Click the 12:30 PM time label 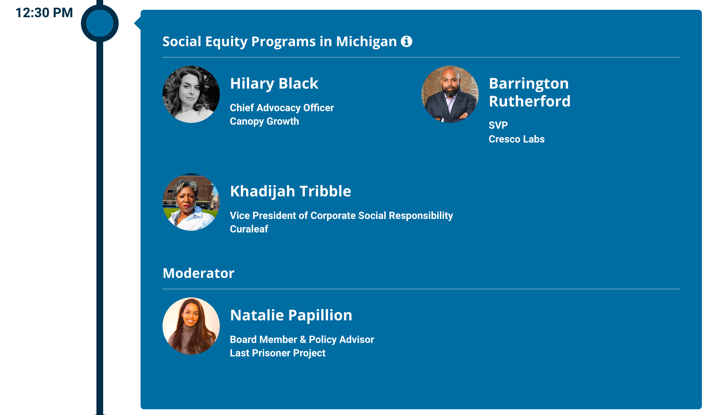pyautogui.click(x=44, y=13)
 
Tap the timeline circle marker pyautogui.click(x=100, y=23)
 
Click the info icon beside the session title pyautogui.click(x=407, y=41)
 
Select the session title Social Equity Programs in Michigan pyautogui.click(x=279, y=42)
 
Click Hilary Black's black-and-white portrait pyautogui.click(x=191, y=94)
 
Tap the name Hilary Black pyautogui.click(x=274, y=84)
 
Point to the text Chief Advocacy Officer pyautogui.click(x=282, y=108)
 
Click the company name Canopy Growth pyautogui.click(x=264, y=121)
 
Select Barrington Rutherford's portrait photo pyautogui.click(x=450, y=94)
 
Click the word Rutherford pyautogui.click(x=530, y=101)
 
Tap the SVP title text pyautogui.click(x=498, y=125)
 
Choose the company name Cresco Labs pyautogui.click(x=517, y=139)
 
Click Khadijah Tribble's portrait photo pyautogui.click(x=191, y=202)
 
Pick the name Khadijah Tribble pyautogui.click(x=291, y=191)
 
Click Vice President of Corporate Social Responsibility pyautogui.click(x=342, y=216)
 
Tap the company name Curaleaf pyautogui.click(x=249, y=229)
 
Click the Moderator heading pyautogui.click(x=199, y=273)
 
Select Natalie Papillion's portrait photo pyautogui.click(x=191, y=326)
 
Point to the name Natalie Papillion pyautogui.click(x=291, y=315)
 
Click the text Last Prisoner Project pyautogui.click(x=278, y=353)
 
